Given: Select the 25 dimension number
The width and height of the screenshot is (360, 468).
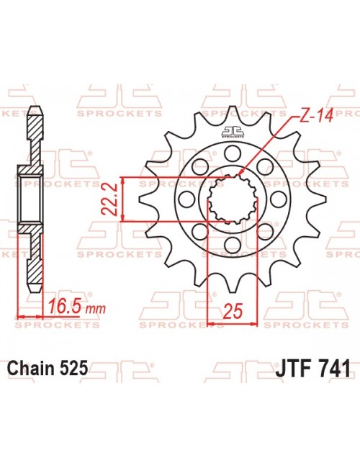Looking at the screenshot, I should (x=232, y=312).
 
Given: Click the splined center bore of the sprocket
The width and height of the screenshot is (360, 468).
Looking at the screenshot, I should (x=232, y=199).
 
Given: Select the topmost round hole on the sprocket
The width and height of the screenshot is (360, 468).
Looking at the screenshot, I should (x=232, y=153).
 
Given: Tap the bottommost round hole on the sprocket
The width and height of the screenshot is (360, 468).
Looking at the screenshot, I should (x=232, y=247).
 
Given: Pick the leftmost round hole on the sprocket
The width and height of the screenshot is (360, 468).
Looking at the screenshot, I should (x=186, y=199).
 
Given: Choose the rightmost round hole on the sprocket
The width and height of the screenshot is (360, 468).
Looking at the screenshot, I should (x=279, y=199).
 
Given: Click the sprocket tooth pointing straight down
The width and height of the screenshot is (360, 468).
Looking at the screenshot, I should (x=232, y=287).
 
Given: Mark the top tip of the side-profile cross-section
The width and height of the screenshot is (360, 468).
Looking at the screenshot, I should (x=32, y=110).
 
